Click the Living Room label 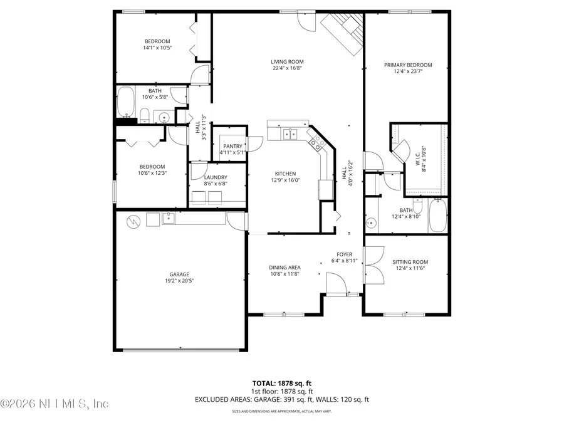(x=282, y=61)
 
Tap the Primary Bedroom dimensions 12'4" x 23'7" (x=409, y=72)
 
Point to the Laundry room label (x=215, y=177)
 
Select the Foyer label (x=345, y=254)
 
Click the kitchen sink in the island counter (x=290, y=133)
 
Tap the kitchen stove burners (x=317, y=145)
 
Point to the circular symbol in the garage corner (x=133, y=221)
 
